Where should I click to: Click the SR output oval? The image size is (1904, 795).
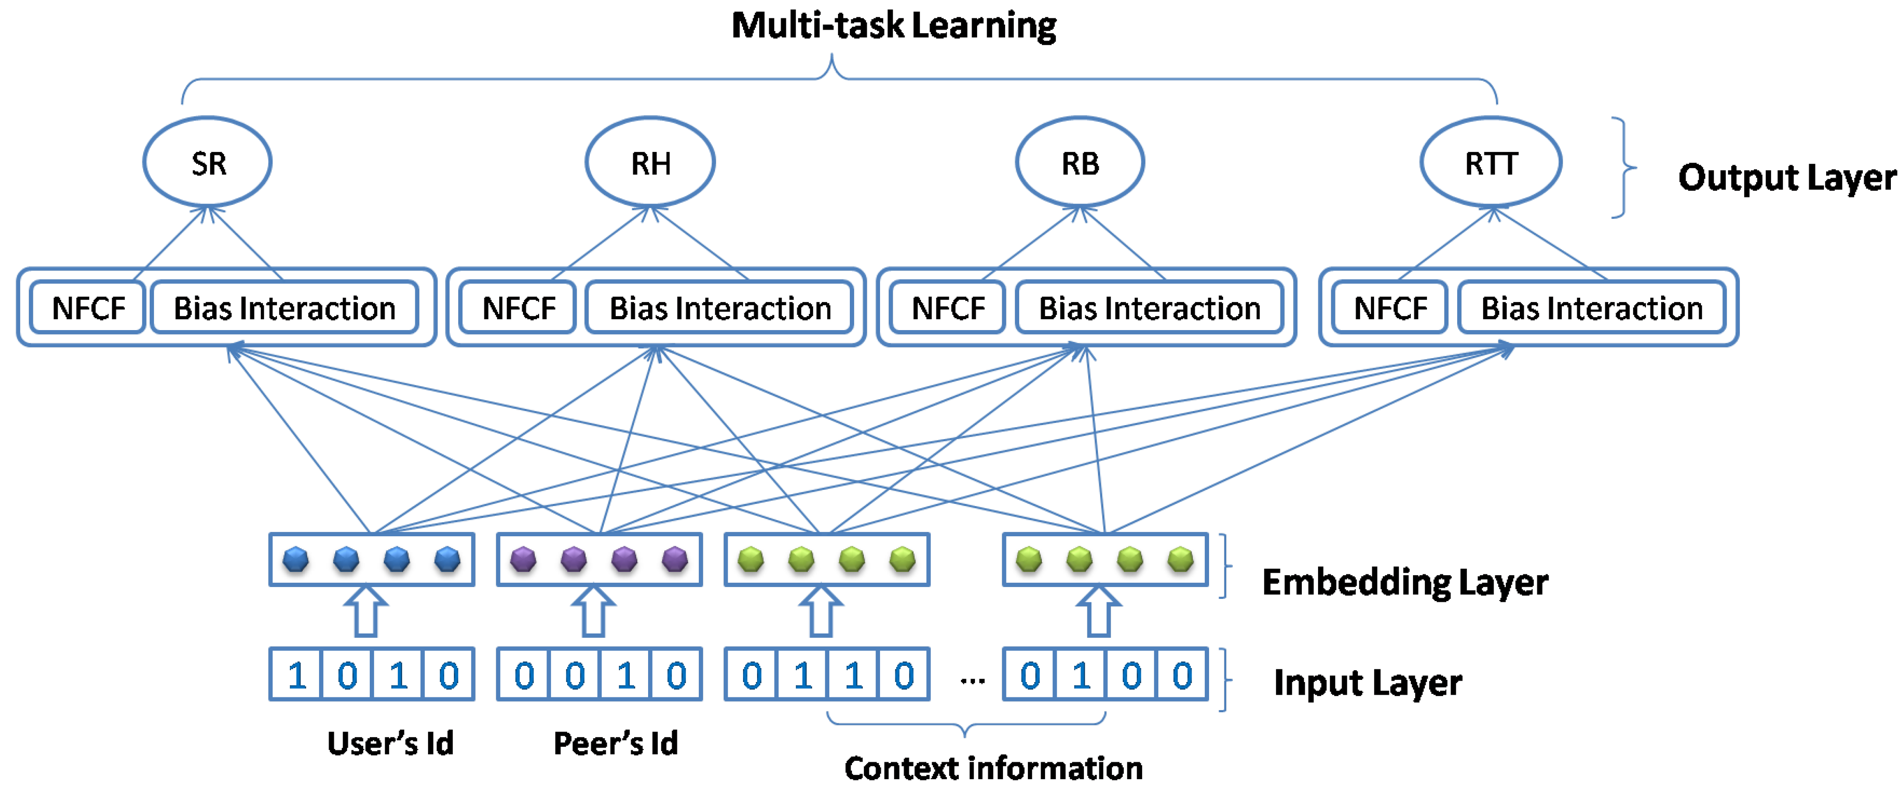click(208, 162)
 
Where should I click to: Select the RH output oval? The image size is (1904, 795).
click(650, 162)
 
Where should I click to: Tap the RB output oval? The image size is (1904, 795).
click(1080, 162)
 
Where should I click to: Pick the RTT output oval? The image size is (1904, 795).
click(1491, 162)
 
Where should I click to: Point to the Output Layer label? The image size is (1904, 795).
click(1786, 177)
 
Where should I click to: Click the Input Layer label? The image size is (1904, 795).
click(1368, 682)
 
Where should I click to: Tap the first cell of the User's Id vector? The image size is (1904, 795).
click(296, 675)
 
